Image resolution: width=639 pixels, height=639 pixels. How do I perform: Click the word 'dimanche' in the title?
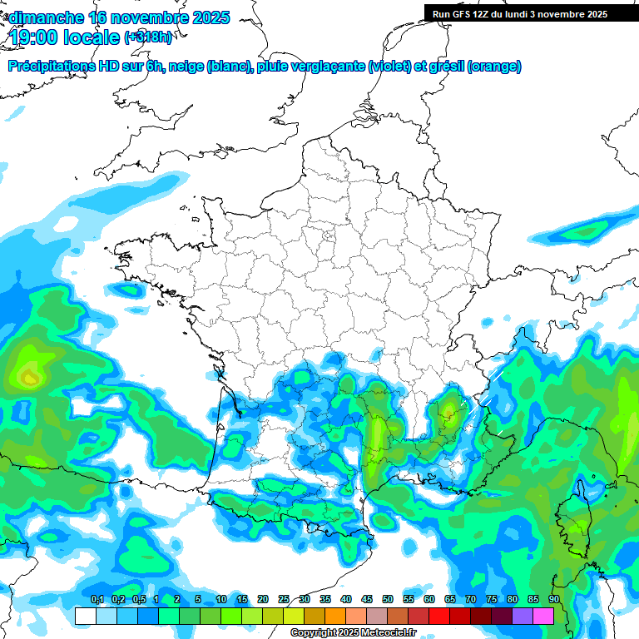(45, 17)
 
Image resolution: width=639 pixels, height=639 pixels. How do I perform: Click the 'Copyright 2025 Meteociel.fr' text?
(353, 633)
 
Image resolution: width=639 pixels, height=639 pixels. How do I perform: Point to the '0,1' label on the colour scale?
(97, 600)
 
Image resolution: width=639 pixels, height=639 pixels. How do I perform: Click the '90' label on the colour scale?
(553, 600)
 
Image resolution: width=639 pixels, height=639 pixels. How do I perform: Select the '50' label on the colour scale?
(388, 600)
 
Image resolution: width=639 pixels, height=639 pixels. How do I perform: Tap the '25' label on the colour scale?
(284, 600)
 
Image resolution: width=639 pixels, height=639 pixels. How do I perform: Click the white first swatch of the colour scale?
(85, 616)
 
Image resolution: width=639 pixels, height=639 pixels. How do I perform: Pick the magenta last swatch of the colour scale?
(543, 616)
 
